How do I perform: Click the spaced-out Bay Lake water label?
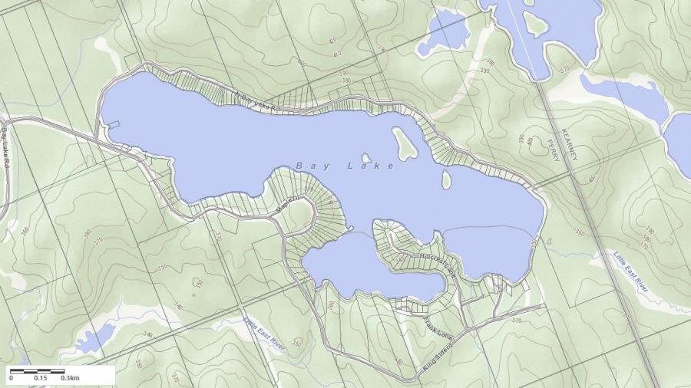coord(345,166)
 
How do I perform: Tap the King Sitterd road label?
coord(438,359)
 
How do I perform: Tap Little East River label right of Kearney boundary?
coord(631,270)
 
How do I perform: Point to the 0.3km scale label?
coord(71,378)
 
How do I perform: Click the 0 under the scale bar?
coord(11,378)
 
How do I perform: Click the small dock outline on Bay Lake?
coord(113,123)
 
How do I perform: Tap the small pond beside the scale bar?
coord(95,338)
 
